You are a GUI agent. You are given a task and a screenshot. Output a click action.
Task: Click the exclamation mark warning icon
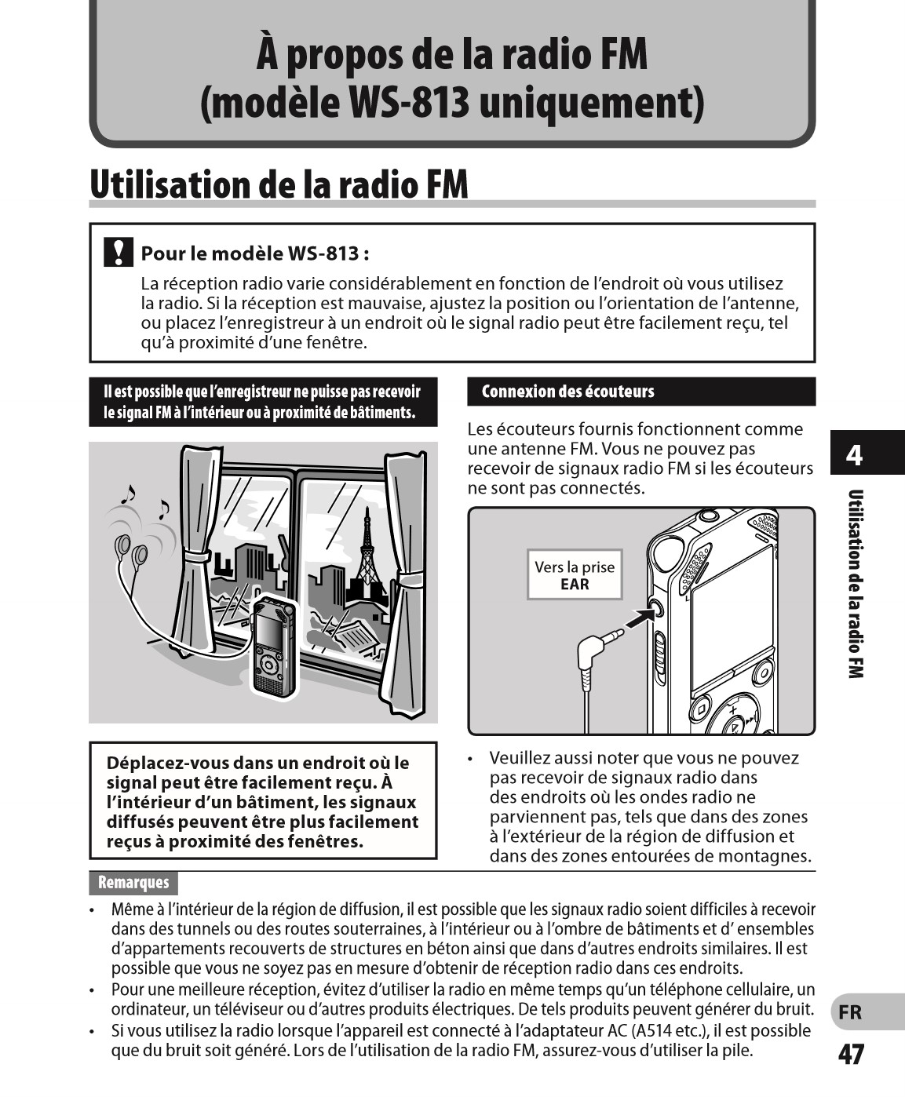[x=118, y=252]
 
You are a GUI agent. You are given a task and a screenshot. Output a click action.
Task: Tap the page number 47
[x=851, y=1055]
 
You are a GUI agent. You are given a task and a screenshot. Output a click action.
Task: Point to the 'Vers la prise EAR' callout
[x=575, y=575]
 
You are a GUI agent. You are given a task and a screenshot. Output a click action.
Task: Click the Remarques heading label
[x=133, y=883]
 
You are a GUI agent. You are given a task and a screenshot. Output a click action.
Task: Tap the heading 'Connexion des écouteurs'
[x=567, y=392]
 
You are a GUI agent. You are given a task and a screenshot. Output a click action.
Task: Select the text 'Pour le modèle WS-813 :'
[x=255, y=253]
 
